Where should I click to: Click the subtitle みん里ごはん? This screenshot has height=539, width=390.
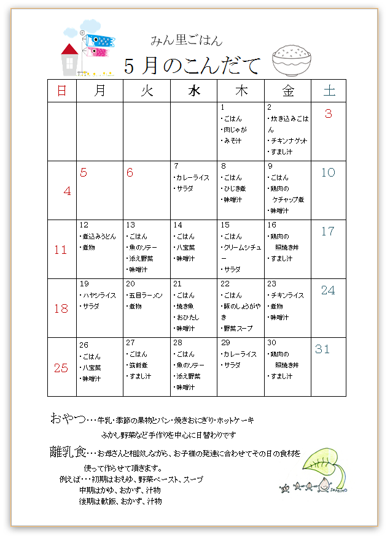(x=187, y=41)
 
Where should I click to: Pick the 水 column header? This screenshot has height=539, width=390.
(x=193, y=91)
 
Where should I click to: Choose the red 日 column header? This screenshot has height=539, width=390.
(x=61, y=91)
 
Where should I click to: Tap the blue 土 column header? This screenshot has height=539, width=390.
(x=329, y=91)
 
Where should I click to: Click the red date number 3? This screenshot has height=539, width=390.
(x=329, y=113)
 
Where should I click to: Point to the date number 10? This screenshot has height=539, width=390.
(x=329, y=172)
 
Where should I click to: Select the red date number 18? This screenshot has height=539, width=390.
(x=61, y=308)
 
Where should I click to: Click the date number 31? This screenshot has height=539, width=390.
(x=322, y=349)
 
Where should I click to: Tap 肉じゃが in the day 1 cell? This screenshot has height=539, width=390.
(x=235, y=130)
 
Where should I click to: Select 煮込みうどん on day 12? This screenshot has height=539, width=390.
(x=99, y=236)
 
